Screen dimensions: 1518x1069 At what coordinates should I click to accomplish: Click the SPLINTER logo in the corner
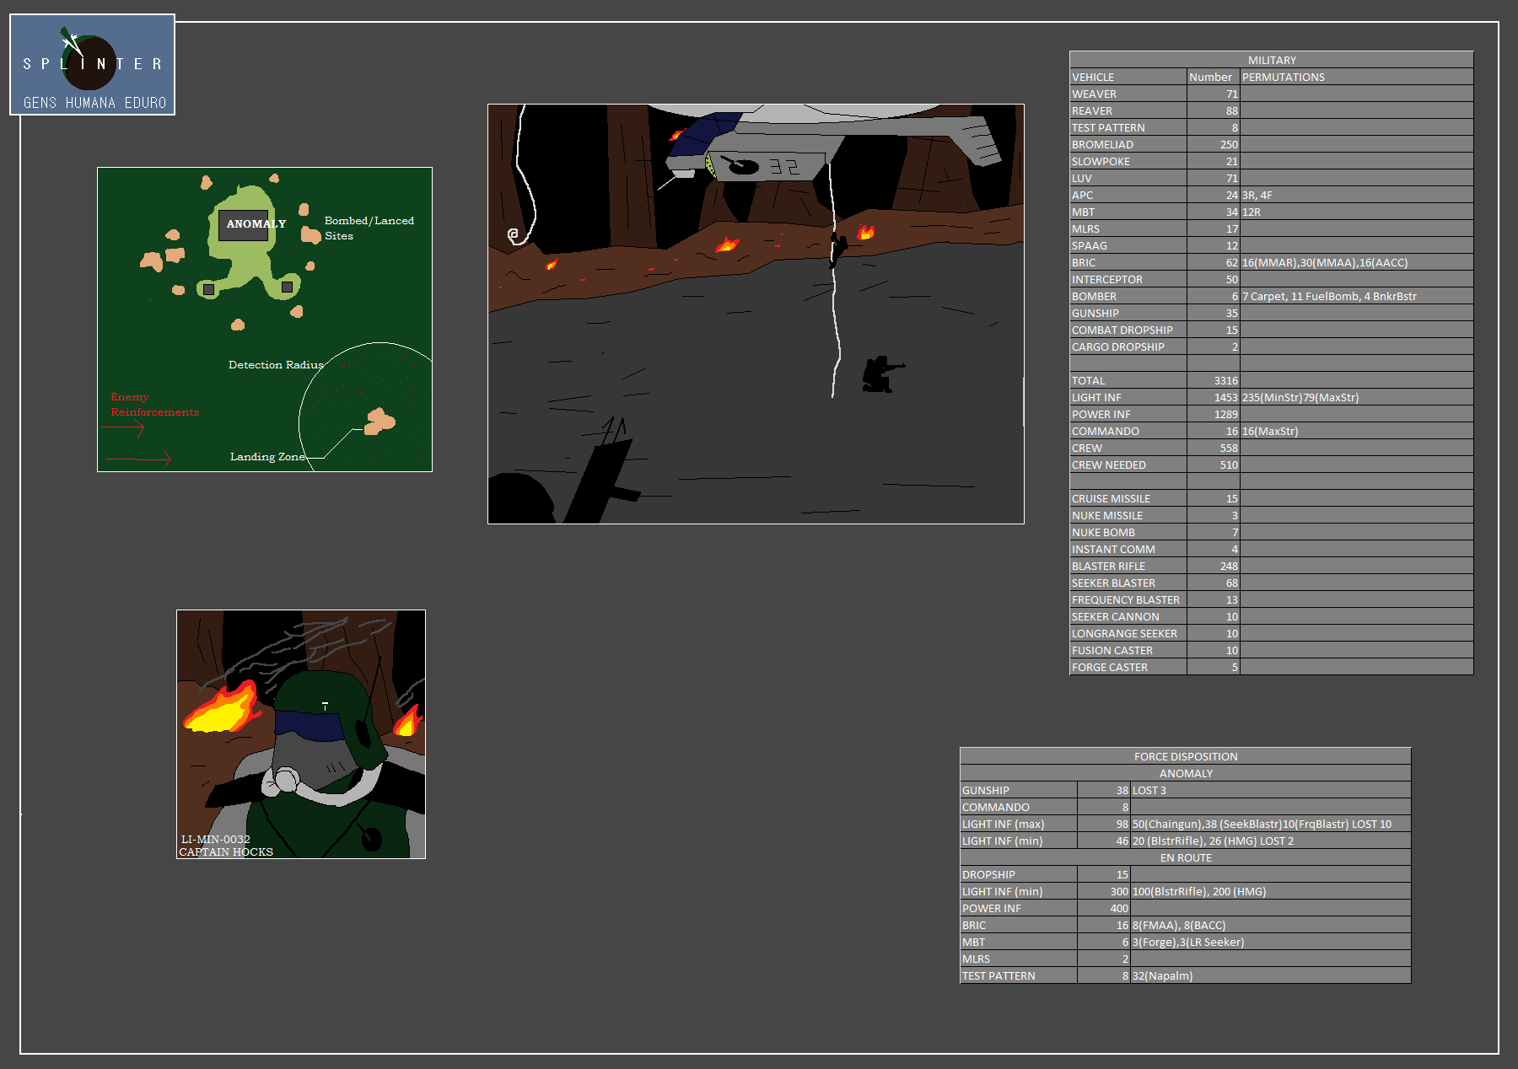pyautogui.click(x=92, y=65)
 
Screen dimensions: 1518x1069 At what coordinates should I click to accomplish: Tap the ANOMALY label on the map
pyautogui.click(x=256, y=224)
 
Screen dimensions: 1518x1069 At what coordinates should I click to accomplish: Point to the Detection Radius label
pyautogui.click(x=276, y=365)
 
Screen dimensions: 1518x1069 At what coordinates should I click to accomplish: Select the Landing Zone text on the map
pyautogui.click(x=267, y=457)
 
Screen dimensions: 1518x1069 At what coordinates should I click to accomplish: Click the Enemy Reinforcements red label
pyautogui.click(x=154, y=405)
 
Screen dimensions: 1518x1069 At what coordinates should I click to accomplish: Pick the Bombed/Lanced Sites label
pyautogui.click(x=369, y=228)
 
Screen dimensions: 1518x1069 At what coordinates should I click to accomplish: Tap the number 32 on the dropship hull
pyautogui.click(x=783, y=167)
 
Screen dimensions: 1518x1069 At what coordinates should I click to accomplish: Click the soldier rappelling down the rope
pyautogui.click(x=837, y=250)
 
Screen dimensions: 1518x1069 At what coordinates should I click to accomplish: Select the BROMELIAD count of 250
pyautogui.click(x=1229, y=145)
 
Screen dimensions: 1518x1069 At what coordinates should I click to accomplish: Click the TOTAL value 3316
pyautogui.click(x=1226, y=381)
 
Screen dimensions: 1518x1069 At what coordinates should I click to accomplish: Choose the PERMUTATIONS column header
pyautogui.click(x=1283, y=78)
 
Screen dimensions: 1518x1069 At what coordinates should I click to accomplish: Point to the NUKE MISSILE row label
pyautogui.click(x=1107, y=516)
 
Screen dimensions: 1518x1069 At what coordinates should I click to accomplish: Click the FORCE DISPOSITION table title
pyautogui.click(x=1186, y=757)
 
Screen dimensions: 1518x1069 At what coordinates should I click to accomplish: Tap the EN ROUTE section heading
pyautogui.click(x=1186, y=858)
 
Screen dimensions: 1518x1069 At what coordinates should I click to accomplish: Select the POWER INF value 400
pyautogui.click(x=1119, y=909)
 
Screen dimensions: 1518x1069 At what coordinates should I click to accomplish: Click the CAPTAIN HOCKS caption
pyautogui.click(x=226, y=852)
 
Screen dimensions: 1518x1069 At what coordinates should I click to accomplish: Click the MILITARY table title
pyautogui.click(x=1272, y=61)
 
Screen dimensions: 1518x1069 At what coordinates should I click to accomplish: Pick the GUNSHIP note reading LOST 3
pyautogui.click(x=1149, y=791)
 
